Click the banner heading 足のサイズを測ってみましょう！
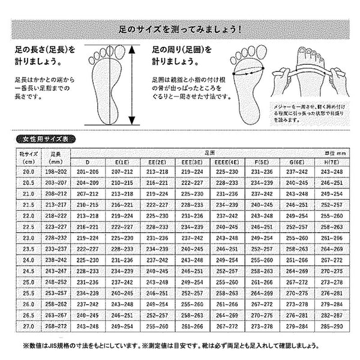(179, 29)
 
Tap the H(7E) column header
(333, 162)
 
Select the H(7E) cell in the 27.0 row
(333, 325)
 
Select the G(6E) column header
(298, 162)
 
